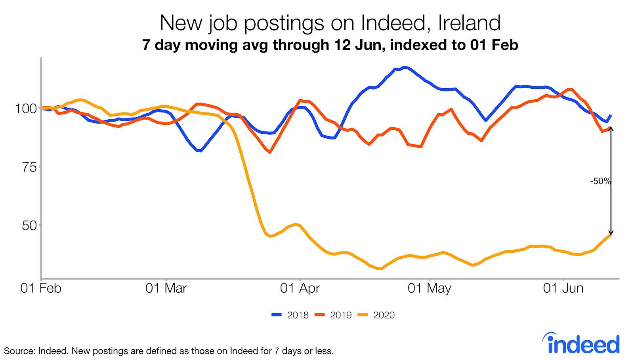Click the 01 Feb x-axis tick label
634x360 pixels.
[41, 288]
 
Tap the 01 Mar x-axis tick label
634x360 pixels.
[166, 288]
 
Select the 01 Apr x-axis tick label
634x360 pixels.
[300, 288]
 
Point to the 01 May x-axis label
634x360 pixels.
[429, 288]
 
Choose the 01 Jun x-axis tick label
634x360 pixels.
[563, 288]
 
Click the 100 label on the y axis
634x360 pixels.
[26, 109]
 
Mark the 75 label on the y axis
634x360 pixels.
[29, 167]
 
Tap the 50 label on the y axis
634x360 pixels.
[29, 226]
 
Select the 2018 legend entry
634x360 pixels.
[290, 315]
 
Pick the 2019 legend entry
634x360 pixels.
[333, 315]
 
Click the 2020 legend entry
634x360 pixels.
[376, 315]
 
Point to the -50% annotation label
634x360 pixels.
[600, 181]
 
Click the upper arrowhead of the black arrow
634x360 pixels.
[611, 129]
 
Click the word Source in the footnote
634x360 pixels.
[18, 351]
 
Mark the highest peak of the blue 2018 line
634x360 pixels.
[404, 67]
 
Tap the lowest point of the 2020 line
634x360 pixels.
[380, 269]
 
